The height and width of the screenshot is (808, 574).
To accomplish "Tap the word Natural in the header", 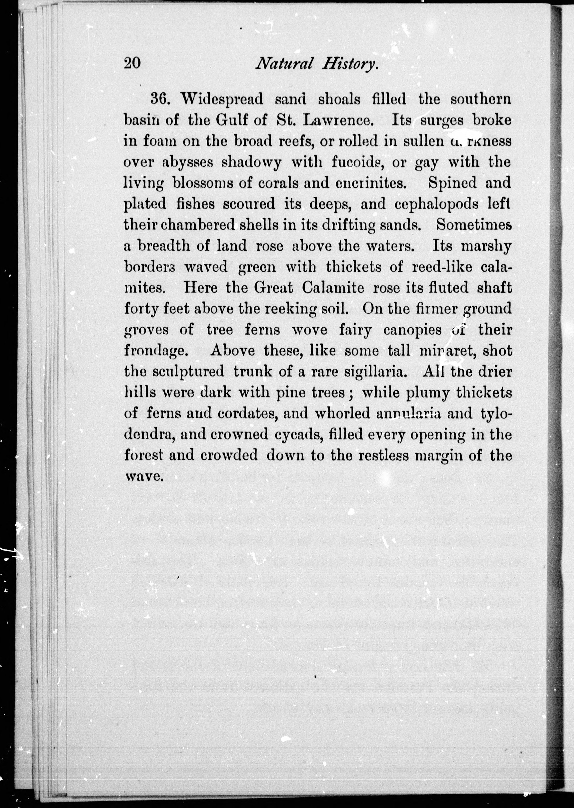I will [284, 64].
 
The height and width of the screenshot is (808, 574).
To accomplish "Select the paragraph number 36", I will [161, 99].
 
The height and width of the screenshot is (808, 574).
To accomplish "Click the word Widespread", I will [222, 99].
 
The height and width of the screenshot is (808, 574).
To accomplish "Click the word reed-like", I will [442, 267].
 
